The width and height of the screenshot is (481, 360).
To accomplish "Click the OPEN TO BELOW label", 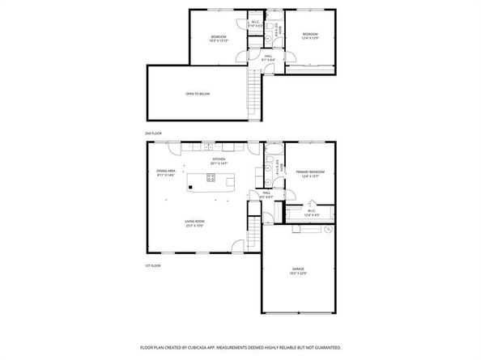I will point(198,94).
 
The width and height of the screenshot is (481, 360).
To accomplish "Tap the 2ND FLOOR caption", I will point(153,132).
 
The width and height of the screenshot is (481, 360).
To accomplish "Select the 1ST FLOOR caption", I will point(153,265).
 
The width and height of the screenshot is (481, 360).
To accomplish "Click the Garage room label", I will point(299,270).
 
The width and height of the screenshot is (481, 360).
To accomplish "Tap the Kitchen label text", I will point(219,161).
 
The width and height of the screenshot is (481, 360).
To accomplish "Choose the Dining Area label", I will point(166,172).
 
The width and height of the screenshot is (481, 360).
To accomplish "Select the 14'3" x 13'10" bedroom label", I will point(219,38).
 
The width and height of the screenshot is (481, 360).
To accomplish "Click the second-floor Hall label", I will point(267,57).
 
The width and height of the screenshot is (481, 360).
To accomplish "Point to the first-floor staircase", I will point(252,235).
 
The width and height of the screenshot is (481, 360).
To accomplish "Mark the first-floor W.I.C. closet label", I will point(311,213).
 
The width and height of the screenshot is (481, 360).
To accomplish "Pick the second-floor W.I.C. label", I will point(254,23).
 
